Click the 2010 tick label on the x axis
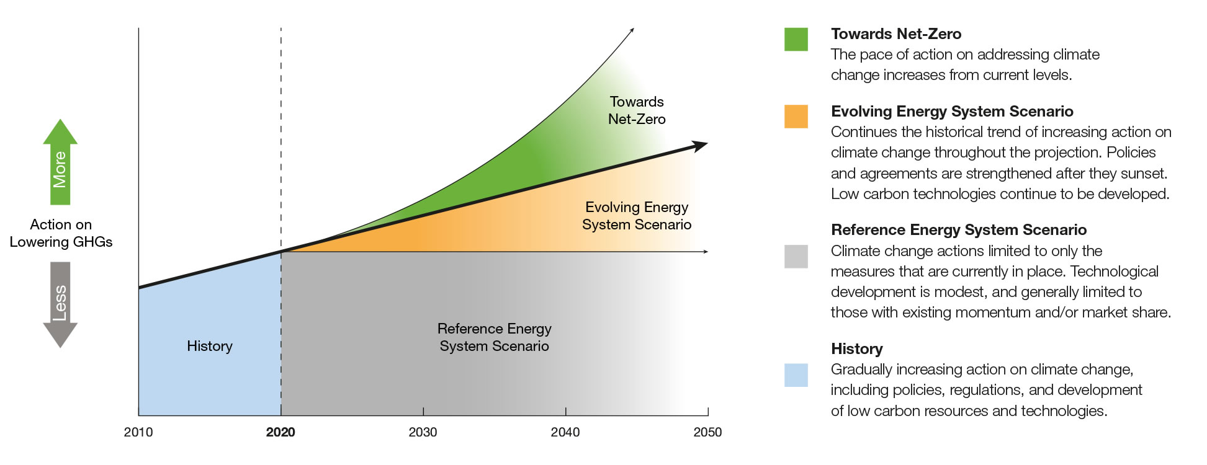point(138,432)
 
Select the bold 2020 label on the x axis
point(280,432)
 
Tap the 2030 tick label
point(423,432)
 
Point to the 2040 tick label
point(565,432)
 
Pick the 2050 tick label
point(707,432)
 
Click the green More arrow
point(60,162)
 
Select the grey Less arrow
point(60,304)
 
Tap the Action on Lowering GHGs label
point(61,233)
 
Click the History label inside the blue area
point(210,346)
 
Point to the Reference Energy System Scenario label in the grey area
point(495,337)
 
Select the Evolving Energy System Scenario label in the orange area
point(637,216)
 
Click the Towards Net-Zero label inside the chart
point(637,110)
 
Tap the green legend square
point(796,39)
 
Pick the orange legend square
point(796,117)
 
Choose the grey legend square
point(796,256)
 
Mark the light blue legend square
point(796,375)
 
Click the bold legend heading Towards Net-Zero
point(896,34)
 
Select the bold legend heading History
point(856,349)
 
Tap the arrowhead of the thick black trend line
point(701,146)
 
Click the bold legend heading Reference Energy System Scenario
point(959,230)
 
